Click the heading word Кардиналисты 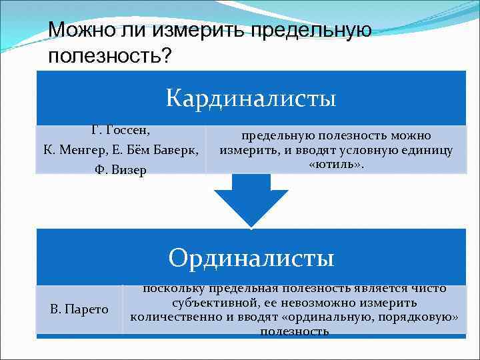pyautogui.click(x=251, y=99)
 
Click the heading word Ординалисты pyautogui.click(x=251, y=257)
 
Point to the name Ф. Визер pyautogui.click(x=120, y=169)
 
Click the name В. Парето pyautogui.click(x=79, y=309)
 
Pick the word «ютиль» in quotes pyautogui.click(x=337, y=164)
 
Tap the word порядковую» pyautogui.click(x=420, y=316)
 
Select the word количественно pyautogui.click(x=173, y=316)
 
